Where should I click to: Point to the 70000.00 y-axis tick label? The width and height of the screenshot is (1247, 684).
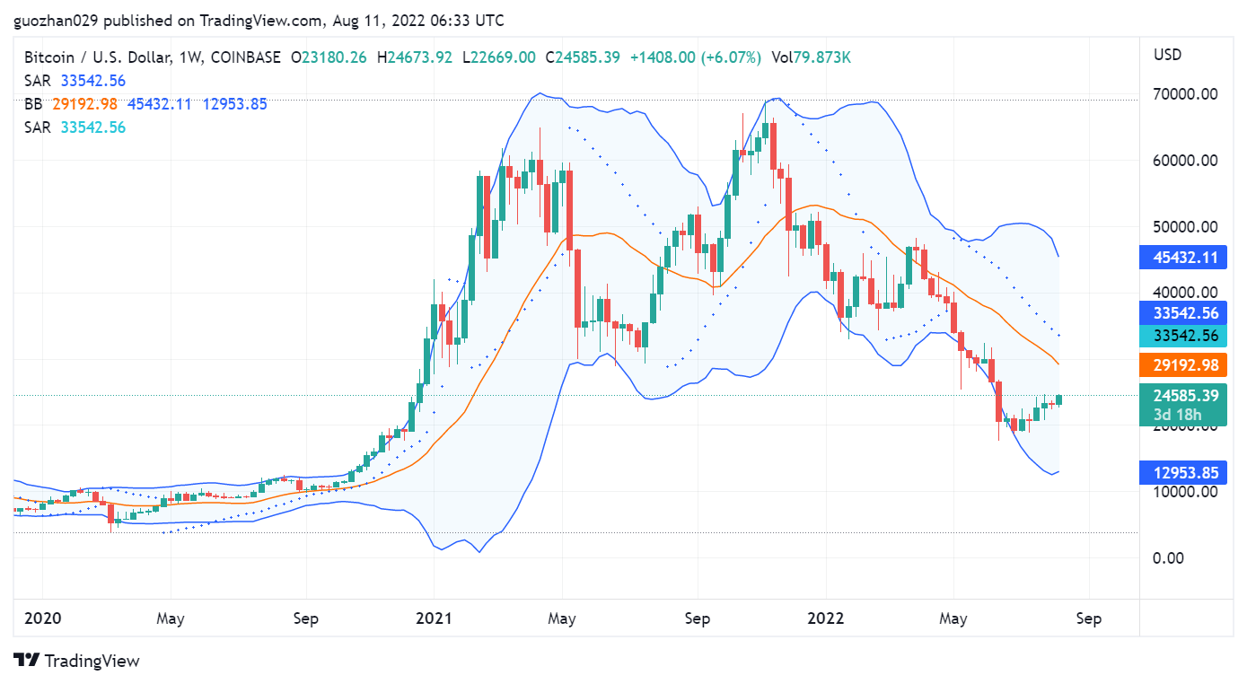pyautogui.click(x=1185, y=93)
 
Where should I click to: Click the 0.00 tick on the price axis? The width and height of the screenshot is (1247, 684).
pyautogui.click(x=1168, y=557)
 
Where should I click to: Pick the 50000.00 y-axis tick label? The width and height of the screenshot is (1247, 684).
pyautogui.click(x=1185, y=226)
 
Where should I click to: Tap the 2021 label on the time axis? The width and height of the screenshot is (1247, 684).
pyautogui.click(x=433, y=618)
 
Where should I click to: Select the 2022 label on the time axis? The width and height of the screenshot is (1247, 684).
pyautogui.click(x=825, y=618)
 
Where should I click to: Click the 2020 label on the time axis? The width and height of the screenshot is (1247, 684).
pyautogui.click(x=42, y=618)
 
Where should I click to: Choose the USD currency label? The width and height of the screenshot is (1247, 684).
pyautogui.click(x=1167, y=55)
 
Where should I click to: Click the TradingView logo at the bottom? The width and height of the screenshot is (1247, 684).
pyautogui.click(x=77, y=661)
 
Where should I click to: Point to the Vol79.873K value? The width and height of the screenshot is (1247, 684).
pyautogui.click(x=811, y=57)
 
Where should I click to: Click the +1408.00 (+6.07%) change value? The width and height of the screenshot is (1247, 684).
pyautogui.click(x=695, y=57)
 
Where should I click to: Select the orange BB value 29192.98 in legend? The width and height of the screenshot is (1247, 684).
pyautogui.click(x=84, y=104)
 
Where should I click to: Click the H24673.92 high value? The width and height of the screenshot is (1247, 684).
pyautogui.click(x=415, y=57)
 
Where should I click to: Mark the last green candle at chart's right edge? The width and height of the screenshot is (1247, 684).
pyautogui.click(x=1059, y=399)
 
